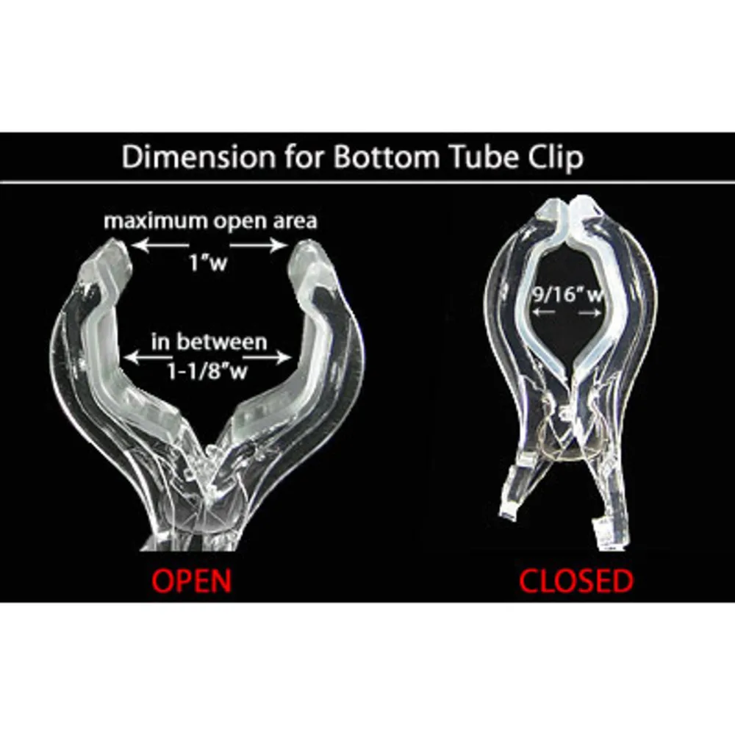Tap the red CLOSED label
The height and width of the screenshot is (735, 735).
click(576, 581)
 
